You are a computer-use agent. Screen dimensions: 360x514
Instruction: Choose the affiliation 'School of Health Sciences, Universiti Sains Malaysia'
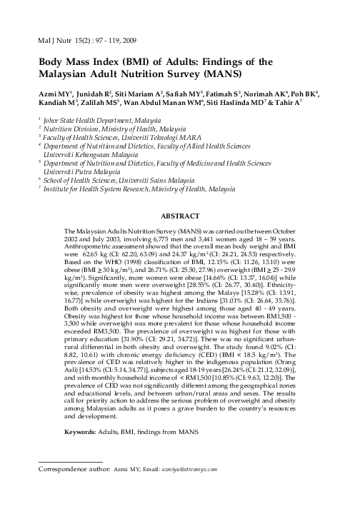point(118,181)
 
